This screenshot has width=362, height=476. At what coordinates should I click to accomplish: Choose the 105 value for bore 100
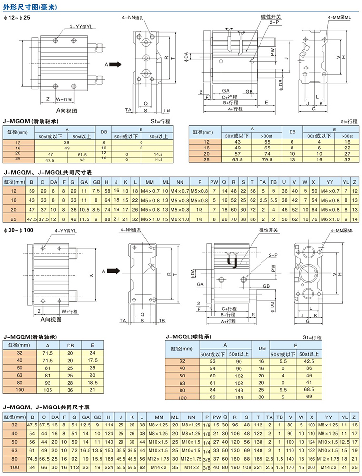pyautogui.click(x=48, y=390)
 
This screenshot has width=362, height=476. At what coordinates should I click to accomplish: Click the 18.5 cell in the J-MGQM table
pyautogui.click(x=93, y=383)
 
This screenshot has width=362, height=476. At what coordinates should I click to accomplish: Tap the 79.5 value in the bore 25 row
pyautogui.click(x=265, y=159)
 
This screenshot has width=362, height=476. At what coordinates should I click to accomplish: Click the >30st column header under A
pyautogui.click(x=265, y=136)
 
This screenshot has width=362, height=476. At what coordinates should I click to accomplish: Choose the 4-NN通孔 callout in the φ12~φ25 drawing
pyautogui.click(x=133, y=18)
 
